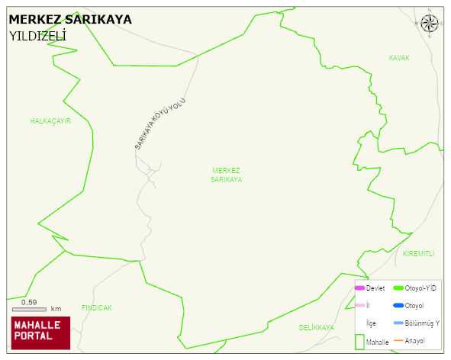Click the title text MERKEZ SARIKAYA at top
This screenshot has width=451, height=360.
tap(70, 19)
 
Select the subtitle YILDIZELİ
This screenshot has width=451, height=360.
tap(37, 36)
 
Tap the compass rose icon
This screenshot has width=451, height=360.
tap(430, 23)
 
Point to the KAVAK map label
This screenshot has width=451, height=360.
tap(399, 58)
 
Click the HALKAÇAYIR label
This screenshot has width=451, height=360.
tap(50, 121)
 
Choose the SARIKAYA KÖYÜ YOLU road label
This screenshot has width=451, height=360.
tap(160, 124)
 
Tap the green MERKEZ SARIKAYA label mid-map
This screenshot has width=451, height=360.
tap(227, 175)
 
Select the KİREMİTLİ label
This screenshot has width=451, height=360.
tap(417, 253)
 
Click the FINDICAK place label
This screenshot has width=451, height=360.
tap(97, 308)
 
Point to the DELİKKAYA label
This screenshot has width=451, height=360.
tap(317, 327)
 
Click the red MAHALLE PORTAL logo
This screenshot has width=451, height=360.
tap(40, 333)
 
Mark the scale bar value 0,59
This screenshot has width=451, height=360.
tap(29, 302)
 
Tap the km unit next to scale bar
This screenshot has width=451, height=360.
tap(56, 309)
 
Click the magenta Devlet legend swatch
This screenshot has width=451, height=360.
tap(359, 288)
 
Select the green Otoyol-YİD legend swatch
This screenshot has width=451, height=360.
tap(398, 288)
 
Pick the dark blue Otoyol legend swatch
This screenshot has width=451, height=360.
tap(398, 306)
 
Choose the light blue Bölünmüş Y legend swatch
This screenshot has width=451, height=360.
tap(398, 323)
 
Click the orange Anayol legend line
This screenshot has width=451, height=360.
tap(398, 340)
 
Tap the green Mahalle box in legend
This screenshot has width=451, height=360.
tap(359, 341)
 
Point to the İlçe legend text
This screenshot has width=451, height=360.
tap(371, 323)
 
